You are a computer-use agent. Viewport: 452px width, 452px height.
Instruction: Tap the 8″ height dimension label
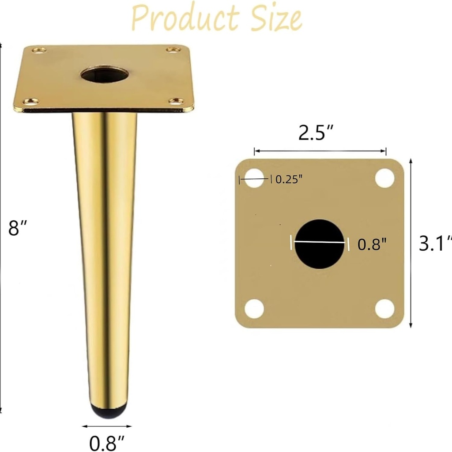[18, 228]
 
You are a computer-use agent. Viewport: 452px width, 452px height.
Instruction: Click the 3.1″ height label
[435, 243]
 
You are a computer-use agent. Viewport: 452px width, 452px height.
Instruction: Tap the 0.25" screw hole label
[289, 179]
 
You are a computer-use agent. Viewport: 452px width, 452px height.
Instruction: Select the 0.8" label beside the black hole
[372, 244]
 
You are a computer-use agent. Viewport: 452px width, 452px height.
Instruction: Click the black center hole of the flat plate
[320, 244]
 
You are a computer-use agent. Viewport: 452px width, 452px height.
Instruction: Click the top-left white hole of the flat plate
[254, 178]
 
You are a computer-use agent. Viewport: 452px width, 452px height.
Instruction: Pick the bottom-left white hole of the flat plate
[254, 309]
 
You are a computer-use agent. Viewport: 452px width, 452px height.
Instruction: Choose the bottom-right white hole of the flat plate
[384, 309]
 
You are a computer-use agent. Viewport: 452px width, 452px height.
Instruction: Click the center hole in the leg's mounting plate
[105, 74]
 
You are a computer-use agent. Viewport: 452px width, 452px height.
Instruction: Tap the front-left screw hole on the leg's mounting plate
[30, 102]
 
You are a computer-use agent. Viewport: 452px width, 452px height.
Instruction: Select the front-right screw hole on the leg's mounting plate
[176, 101]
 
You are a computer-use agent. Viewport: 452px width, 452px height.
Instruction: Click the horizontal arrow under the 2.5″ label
[320, 151]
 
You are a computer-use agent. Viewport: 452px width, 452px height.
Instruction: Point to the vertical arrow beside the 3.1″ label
[411, 243]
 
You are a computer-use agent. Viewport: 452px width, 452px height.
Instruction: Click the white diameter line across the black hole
[320, 242]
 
